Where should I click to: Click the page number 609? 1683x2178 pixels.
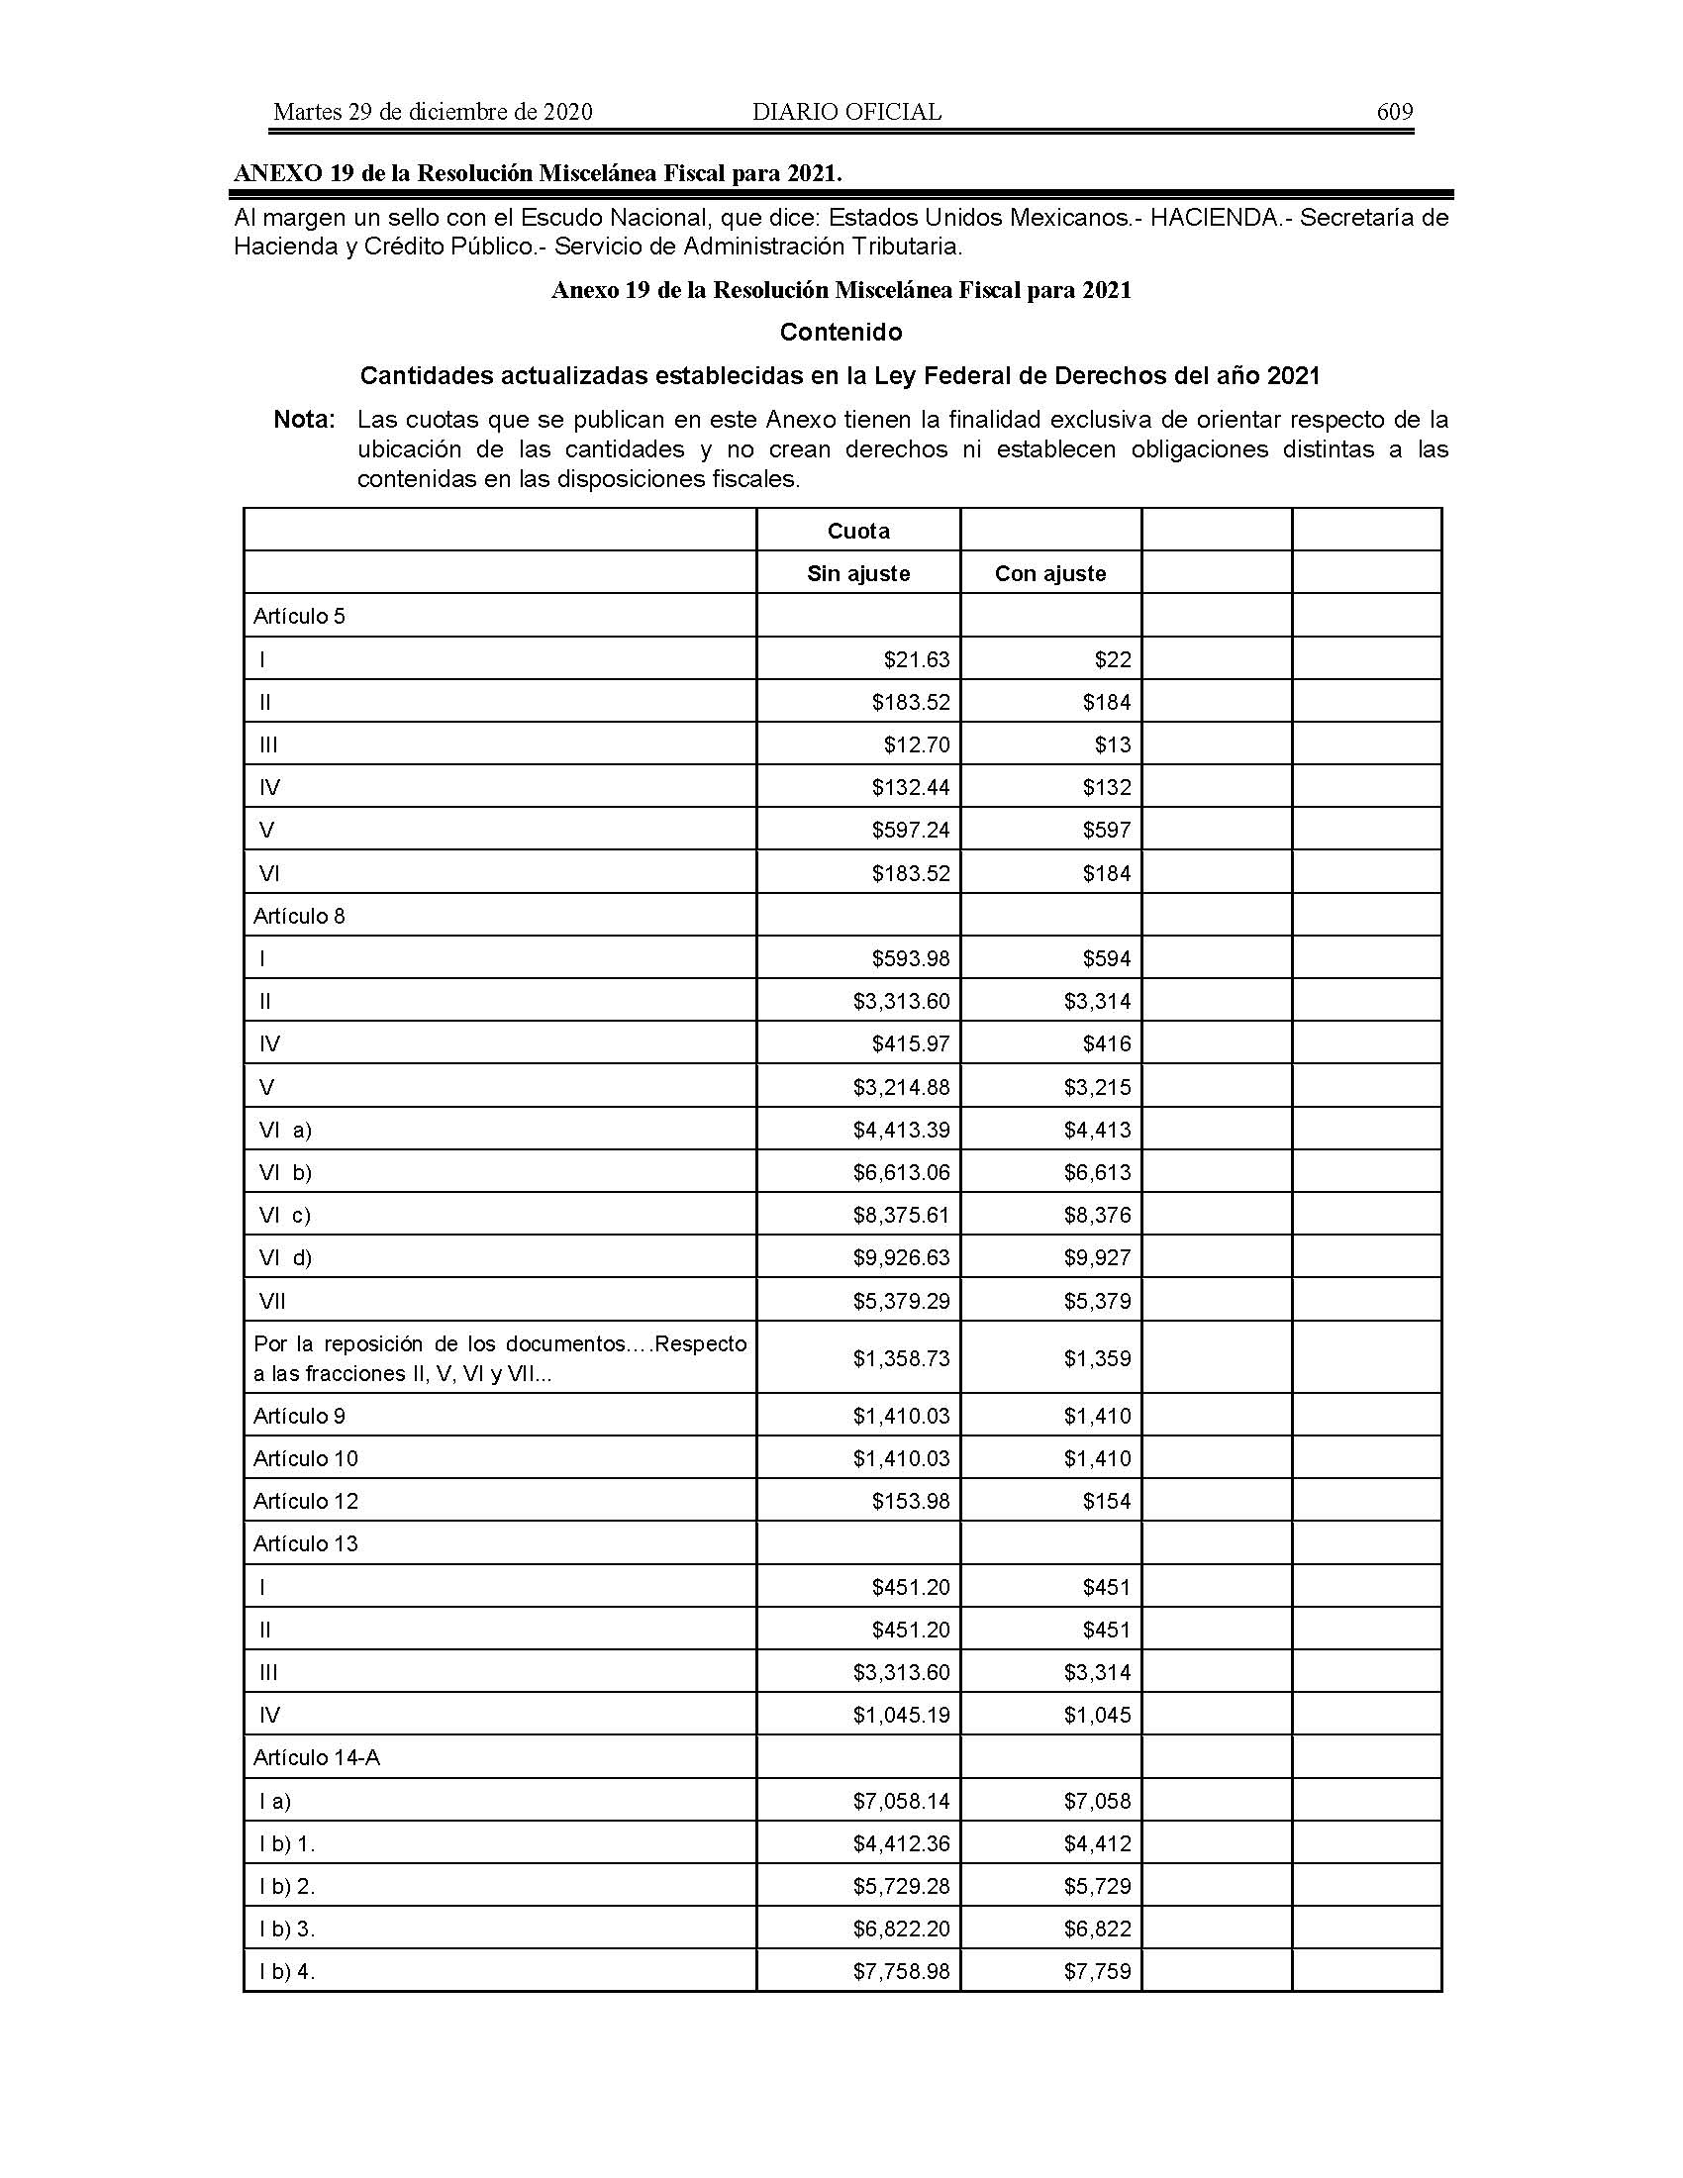pyautogui.click(x=1394, y=112)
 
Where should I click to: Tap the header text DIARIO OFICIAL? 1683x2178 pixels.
pyautogui.click(x=846, y=112)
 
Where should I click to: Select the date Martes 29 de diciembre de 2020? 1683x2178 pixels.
pyautogui.click(x=433, y=112)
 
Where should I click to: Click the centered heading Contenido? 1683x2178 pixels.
pyautogui.click(x=841, y=332)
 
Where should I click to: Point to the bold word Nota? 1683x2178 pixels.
pyautogui.click(x=304, y=420)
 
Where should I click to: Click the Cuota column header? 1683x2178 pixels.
pyautogui.click(x=857, y=531)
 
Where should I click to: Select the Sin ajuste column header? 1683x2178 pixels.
pyautogui.click(x=857, y=573)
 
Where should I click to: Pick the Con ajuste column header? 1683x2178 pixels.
pyautogui.click(x=1049, y=573)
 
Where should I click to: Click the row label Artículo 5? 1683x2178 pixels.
pyautogui.click(x=299, y=617)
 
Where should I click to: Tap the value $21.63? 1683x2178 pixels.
pyautogui.click(x=917, y=659)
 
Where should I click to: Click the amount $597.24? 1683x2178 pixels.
pyautogui.click(x=910, y=830)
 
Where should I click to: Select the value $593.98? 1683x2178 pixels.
pyautogui.click(x=910, y=958)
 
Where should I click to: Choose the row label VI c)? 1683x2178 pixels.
pyautogui.click(x=285, y=1215)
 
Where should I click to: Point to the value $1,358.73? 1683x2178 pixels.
pyautogui.click(x=901, y=1358)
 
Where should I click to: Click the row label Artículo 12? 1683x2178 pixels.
pyautogui.click(x=305, y=1501)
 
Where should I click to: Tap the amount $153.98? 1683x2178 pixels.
pyautogui.click(x=910, y=1501)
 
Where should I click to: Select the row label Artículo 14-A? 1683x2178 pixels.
pyautogui.click(x=316, y=1757)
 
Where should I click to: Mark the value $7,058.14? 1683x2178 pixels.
pyautogui.click(x=901, y=1801)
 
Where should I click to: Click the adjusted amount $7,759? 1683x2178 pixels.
pyautogui.click(x=1097, y=1971)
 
